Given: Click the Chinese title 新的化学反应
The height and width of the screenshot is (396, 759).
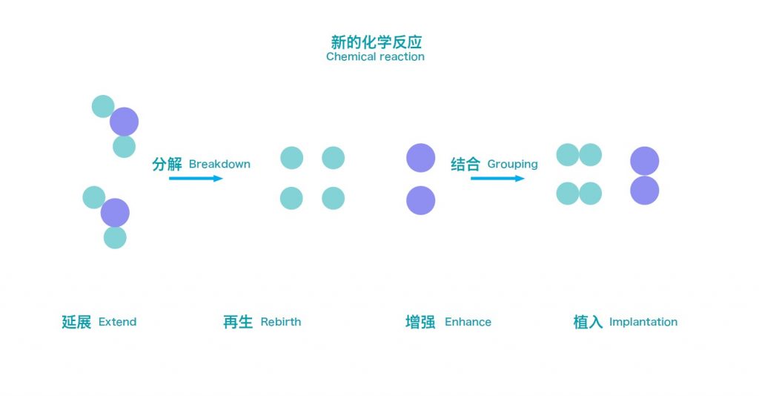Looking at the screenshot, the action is (x=376, y=42).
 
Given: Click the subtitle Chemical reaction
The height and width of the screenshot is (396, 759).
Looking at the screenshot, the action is (x=375, y=56).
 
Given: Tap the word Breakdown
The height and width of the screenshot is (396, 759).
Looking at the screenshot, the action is (x=219, y=164).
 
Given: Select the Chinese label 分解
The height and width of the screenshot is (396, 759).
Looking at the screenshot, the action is (x=167, y=164).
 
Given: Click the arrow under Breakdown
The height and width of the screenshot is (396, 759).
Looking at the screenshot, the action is (x=196, y=179).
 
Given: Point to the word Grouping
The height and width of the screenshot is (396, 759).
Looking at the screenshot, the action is (x=513, y=165).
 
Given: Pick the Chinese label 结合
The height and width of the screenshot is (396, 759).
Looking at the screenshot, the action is (x=465, y=164).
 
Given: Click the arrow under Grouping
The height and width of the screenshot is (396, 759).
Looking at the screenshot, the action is (x=497, y=179).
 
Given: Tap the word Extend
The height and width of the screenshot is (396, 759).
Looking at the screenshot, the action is (x=117, y=322).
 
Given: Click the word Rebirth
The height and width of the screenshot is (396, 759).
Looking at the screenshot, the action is (x=281, y=322).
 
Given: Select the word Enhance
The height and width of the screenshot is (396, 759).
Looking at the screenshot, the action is (x=468, y=322).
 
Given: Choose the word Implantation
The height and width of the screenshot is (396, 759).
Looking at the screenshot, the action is (x=643, y=322).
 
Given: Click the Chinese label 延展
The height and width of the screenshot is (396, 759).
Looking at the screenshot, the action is (x=76, y=322).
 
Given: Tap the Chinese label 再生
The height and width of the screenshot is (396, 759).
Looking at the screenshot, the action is (x=238, y=322).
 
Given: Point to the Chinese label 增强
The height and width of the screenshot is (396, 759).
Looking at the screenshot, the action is (x=420, y=322).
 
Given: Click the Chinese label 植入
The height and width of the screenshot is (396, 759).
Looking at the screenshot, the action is (x=588, y=322).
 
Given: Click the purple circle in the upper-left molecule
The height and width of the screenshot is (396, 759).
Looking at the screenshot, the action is (x=124, y=122).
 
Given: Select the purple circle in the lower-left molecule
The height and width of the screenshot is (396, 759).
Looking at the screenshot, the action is (x=115, y=213).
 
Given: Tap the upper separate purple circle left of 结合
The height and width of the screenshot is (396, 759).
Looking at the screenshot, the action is (x=421, y=158).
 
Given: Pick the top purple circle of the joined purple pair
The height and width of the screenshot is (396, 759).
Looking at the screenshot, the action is (x=645, y=161).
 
